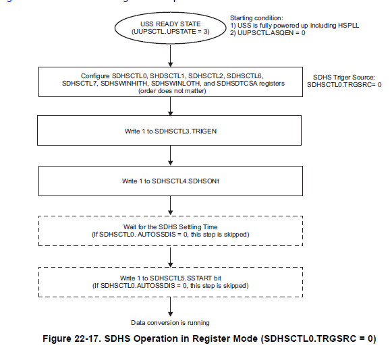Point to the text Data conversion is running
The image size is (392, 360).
click(x=170, y=322)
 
